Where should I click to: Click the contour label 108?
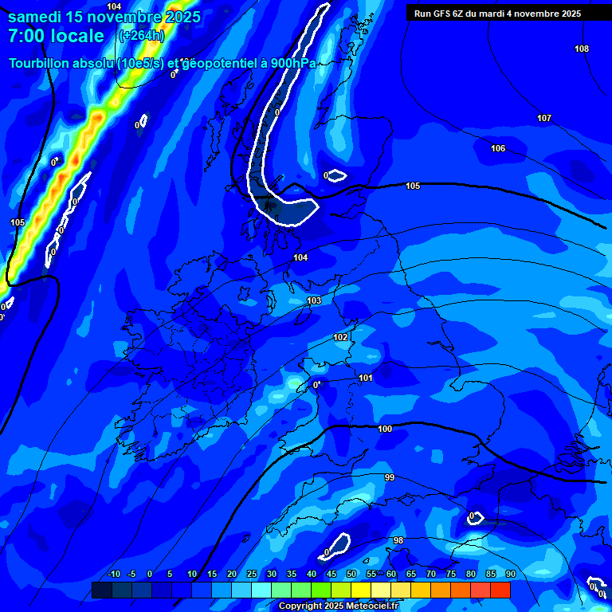pos(582,49)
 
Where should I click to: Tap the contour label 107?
pos(543,118)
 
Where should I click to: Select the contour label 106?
pos(497,148)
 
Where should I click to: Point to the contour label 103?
pos(314,300)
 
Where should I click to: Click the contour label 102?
pos(340,337)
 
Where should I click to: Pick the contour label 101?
pos(365,378)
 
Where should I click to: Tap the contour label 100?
pos(385,429)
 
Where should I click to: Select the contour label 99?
pos(389,477)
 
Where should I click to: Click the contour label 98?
pos(398,540)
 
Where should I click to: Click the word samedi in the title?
pos(37,16)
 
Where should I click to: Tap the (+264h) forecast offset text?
pos(141,36)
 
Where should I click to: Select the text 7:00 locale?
pos(56,36)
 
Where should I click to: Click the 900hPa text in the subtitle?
pos(294,63)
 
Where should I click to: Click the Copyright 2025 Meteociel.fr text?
pos(338,606)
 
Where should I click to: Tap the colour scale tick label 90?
pos(510,574)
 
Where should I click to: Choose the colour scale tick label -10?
pos(113,574)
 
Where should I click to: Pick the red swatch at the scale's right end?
pos(500,590)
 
